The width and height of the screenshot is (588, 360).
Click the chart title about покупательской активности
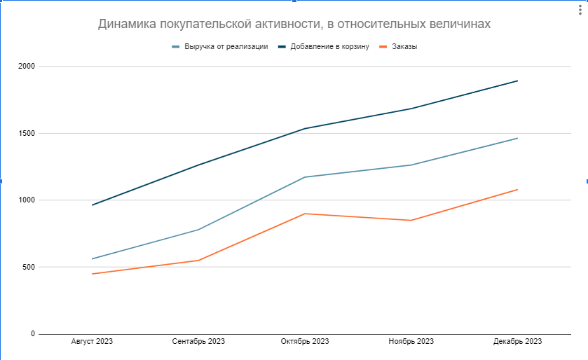[294, 24]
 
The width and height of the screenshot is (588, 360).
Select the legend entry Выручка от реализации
[225, 47]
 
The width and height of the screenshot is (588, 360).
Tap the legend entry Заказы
[402, 47]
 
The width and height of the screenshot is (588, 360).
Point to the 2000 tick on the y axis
[27, 67]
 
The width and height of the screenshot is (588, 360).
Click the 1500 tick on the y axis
[27, 134]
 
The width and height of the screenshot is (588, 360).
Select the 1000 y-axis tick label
[27, 200]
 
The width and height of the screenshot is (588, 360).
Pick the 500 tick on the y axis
[29, 267]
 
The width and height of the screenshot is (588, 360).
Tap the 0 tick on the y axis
[32, 334]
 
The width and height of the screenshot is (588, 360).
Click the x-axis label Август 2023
[92, 341]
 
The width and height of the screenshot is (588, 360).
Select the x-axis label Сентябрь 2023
[198, 341]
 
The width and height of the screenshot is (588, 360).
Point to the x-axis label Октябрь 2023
[305, 341]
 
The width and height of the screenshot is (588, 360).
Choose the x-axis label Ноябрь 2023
[411, 341]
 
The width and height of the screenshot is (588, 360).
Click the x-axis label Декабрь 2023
[517, 341]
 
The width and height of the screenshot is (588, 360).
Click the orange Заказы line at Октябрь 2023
[305, 214]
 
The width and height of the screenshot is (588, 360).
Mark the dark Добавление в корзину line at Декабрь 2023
[517, 81]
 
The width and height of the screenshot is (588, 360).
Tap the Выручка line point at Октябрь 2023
[305, 177]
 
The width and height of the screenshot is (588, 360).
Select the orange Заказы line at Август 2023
[92, 274]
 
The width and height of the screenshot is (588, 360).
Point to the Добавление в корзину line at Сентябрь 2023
[198, 165]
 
